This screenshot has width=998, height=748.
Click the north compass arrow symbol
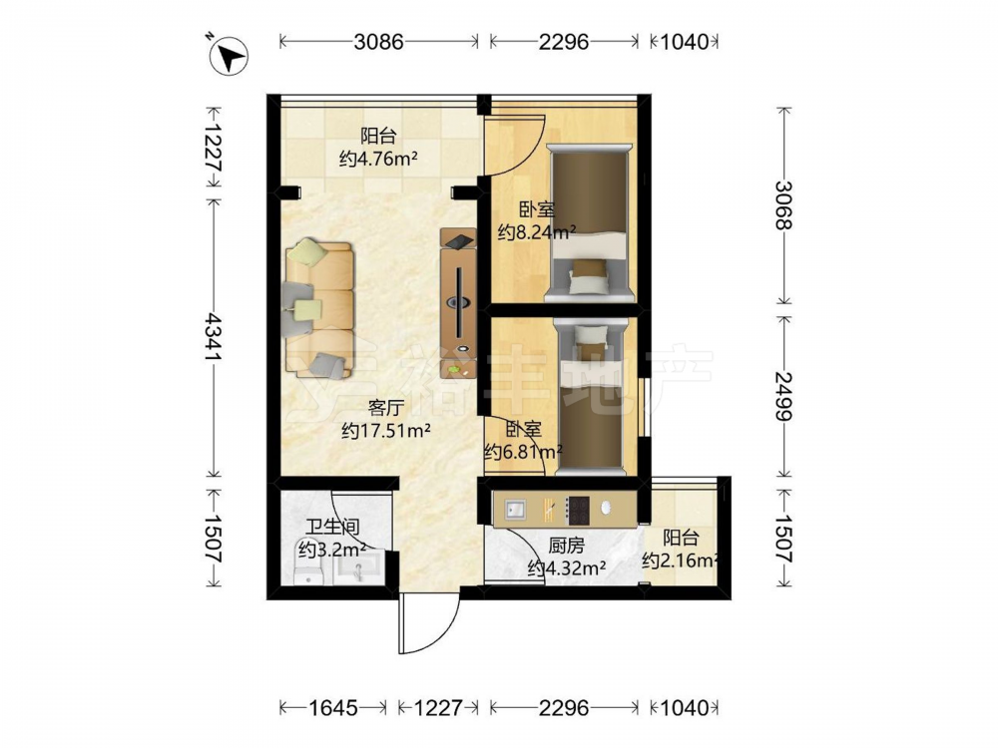point(229,55)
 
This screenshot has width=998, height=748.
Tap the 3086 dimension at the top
point(378,42)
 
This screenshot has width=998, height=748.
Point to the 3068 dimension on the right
point(784,204)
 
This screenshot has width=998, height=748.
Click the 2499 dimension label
point(784,396)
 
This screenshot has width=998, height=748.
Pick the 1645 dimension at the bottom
point(333,707)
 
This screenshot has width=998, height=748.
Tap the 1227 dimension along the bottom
point(438,707)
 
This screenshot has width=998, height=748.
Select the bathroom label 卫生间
point(332,527)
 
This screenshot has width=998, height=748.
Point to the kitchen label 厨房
point(566,546)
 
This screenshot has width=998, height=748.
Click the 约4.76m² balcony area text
point(378,159)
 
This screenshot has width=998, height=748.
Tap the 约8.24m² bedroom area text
point(537,232)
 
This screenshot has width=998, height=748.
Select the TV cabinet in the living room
point(458,301)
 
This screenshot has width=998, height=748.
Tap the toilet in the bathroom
point(311,562)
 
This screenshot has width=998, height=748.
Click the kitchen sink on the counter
point(516,509)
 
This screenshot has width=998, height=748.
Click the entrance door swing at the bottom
point(428,624)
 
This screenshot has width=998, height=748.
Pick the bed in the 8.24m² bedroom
point(590,223)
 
